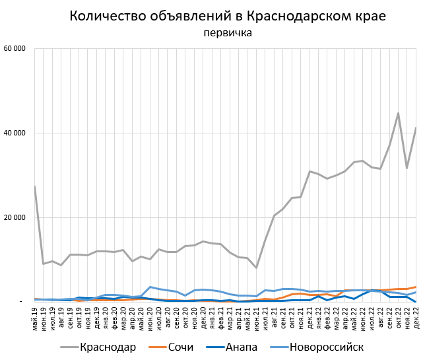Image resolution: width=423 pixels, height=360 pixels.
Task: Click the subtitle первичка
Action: coord(228,32)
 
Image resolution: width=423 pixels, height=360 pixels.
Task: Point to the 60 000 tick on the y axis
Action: coord(15,48)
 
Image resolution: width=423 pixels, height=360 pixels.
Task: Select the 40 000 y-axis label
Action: coord(15,133)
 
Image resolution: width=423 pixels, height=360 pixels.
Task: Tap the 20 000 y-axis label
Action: coord(15,217)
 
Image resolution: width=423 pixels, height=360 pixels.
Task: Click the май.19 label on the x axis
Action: coord(35,321)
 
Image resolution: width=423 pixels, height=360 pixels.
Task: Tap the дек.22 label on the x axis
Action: coord(416,321)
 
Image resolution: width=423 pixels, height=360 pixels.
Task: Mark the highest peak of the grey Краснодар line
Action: coord(398,113)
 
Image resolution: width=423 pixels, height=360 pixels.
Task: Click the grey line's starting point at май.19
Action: coord(35,186)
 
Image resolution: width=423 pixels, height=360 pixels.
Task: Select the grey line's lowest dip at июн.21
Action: coord(256,268)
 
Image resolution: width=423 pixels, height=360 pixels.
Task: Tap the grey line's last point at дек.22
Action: coord(416,127)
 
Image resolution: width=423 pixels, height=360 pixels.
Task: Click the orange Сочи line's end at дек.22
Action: coord(416,287)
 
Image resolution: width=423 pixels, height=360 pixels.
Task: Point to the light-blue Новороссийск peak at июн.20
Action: coord(150,287)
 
